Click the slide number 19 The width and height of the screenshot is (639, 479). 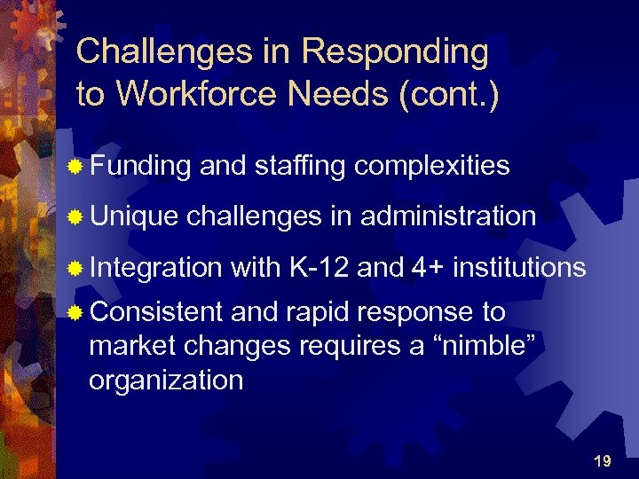coord(602,460)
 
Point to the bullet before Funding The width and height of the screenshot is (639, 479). coord(77,166)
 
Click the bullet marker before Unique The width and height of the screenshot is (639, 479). coord(77,216)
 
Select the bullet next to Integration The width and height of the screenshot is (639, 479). coord(77,267)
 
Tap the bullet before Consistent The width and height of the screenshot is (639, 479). coord(77,313)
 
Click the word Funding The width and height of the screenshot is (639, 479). coord(141,166)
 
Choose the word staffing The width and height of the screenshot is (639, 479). coord(296,166)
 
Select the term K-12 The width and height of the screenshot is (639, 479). coord(316,266)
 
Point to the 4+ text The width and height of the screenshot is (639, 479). coord(427,266)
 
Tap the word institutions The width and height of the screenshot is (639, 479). coord(519,266)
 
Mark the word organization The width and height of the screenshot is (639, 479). coord(166,381)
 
